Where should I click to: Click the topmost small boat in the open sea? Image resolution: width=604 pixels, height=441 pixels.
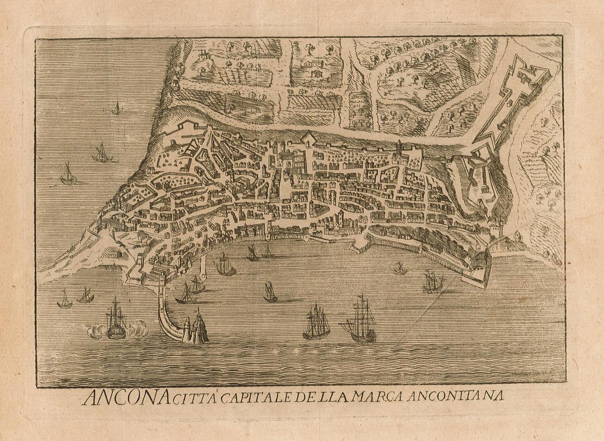(x=116, y=108)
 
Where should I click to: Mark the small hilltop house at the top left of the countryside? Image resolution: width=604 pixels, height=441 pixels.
(x=202, y=54)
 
